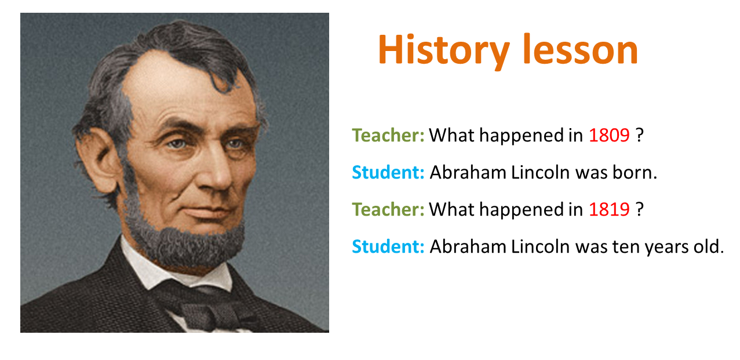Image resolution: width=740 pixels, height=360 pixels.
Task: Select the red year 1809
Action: tap(609, 135)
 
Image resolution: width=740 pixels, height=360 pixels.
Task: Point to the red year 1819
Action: tap(609, 209)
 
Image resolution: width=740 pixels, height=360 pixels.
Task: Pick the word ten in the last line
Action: tap(624, 247)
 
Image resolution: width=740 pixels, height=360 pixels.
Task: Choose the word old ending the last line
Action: tap(711, 247)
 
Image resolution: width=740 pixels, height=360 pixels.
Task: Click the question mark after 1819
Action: tap(640, 209)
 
